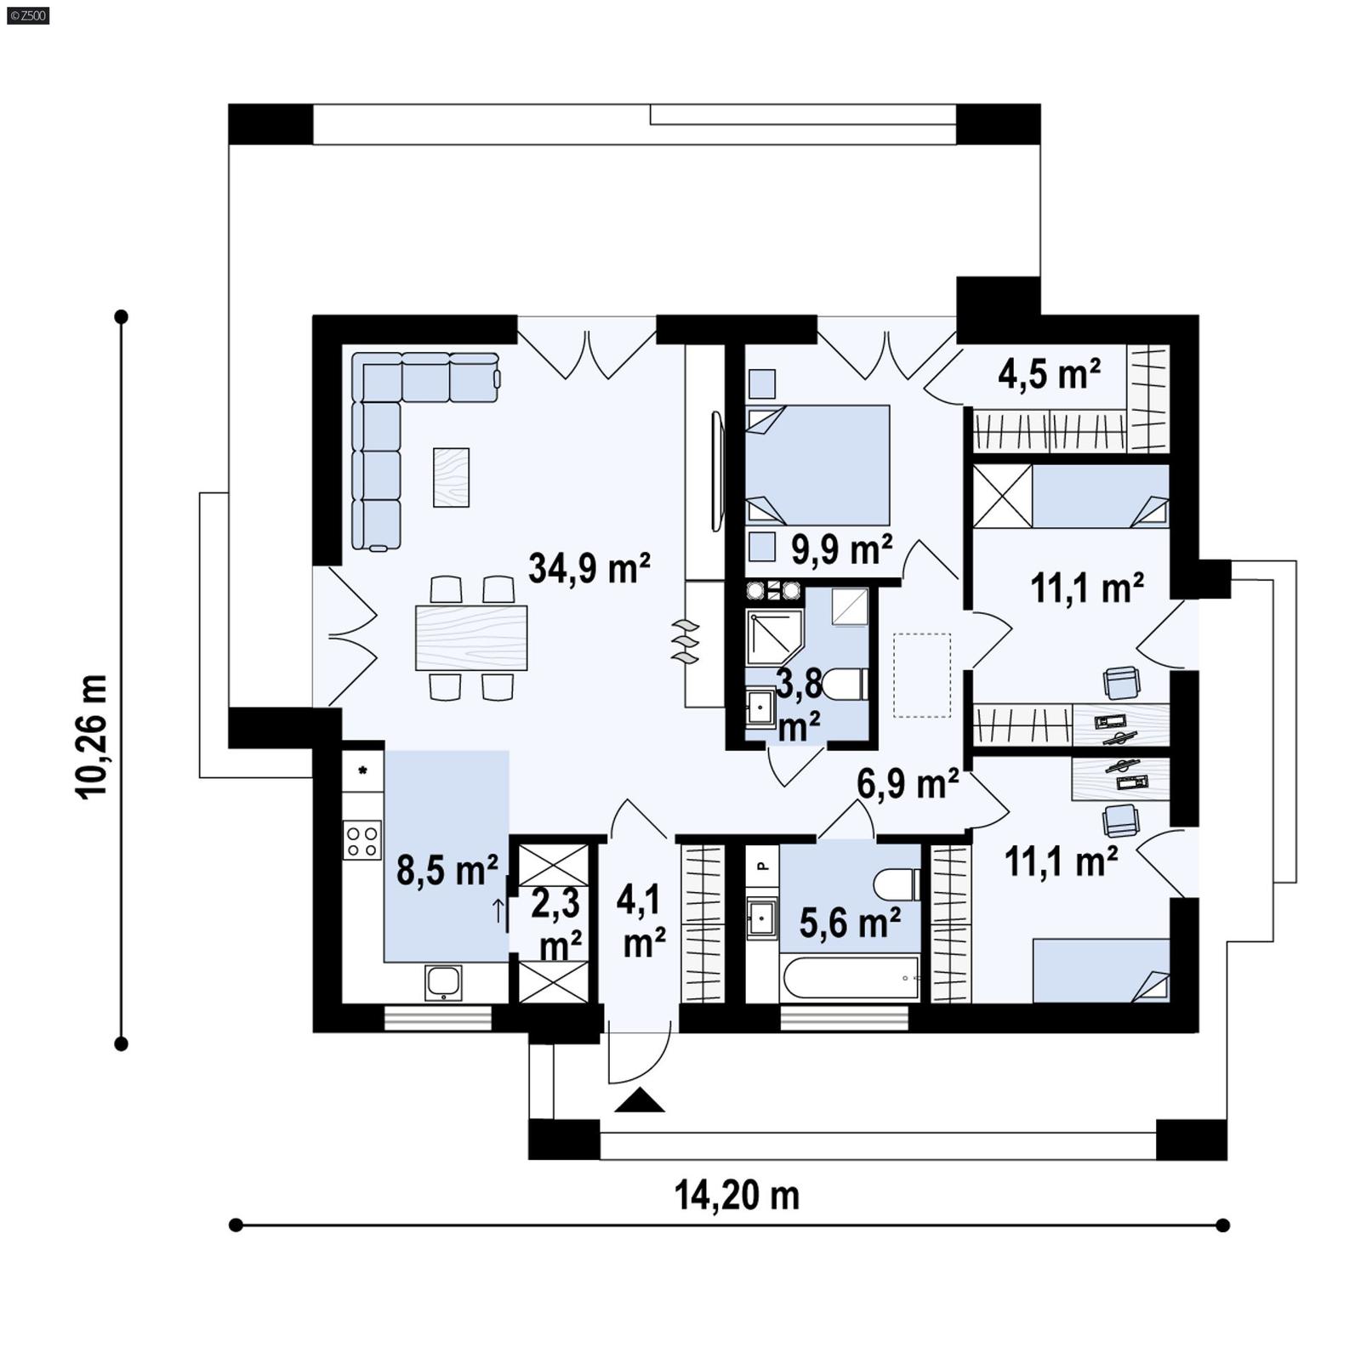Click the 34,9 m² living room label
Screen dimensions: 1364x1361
(589, 568)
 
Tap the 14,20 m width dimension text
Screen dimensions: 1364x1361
(737, 1195)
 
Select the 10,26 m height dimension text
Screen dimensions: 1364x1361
(93, 736)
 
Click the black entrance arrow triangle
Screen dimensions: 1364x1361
(639, 1101)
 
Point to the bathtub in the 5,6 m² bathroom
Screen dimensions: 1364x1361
(850, 978)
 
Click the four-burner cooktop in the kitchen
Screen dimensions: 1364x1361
(362, 839)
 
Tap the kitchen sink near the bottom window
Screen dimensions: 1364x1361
(443, 982)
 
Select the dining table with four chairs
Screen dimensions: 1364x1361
(471, 638)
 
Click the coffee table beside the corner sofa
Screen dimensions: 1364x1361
(451, 477)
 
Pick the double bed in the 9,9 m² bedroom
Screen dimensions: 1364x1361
(817, 465)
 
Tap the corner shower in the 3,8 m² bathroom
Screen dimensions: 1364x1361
(772, 636)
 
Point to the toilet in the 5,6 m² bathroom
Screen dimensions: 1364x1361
(896, 884)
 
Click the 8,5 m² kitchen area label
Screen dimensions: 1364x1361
(447, 870)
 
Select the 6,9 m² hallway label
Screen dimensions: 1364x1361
(908, 783)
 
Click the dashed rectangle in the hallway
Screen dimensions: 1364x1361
(922, 675)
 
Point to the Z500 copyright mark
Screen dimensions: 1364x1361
(27, 14)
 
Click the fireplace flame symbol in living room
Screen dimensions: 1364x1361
(685, 641)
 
